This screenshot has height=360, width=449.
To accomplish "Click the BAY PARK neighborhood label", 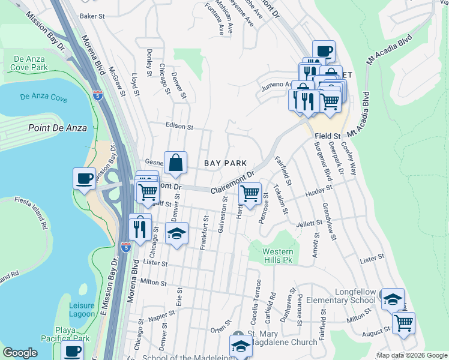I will click(x=226, y=163).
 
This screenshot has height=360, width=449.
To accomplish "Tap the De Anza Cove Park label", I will click(x=29, y=63).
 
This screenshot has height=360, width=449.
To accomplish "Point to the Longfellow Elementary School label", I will click(x=340, y=295).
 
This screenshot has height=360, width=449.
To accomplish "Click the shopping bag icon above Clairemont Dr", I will click(x=175, y=164).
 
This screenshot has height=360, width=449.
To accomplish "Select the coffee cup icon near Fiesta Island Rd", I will click(x=84, y=178).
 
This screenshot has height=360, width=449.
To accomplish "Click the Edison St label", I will click(x=179, y=127).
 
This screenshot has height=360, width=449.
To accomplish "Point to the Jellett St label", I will click(x=309, y=224).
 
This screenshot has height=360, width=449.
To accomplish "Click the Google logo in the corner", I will click(x=20, y=353).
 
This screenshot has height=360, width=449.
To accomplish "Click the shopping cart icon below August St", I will click(x=403, y=323).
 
